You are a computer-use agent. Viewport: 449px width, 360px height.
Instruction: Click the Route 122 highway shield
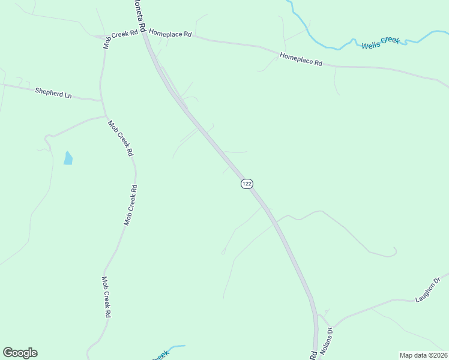point(247,184)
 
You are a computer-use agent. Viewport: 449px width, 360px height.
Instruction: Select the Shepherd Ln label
point(53,92)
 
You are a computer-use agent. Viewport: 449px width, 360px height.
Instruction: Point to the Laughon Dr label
point(430,289)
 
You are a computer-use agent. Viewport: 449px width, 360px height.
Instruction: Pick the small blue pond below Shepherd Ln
point(68,158)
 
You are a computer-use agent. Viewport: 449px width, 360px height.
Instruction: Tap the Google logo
point(20,353)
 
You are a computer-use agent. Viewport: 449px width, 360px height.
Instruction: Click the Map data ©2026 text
point(423,355)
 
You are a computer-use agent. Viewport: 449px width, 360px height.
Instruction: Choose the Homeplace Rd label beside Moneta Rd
point(170,34)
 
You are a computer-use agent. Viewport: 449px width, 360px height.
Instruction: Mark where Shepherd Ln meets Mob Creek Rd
point(101,100)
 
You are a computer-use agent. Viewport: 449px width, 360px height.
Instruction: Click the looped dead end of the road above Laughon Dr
point(393,251)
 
